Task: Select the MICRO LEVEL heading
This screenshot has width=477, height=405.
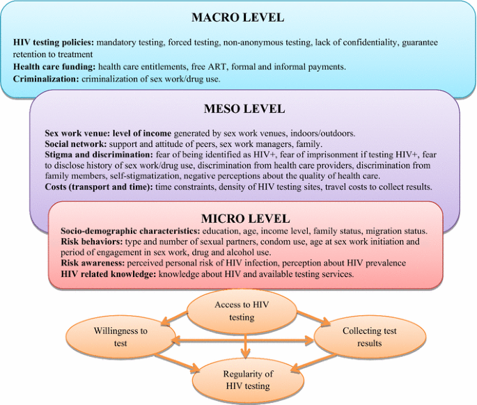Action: pyautogui.click(x=244, y=219)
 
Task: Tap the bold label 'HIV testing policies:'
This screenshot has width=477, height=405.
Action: pyautogui.click(x=54, y=42)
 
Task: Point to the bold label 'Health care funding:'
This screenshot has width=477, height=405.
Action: pyautogui.click(x=54, y=66)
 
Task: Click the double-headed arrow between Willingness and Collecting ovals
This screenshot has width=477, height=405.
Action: pyautogui.click(x=245, y=340)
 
